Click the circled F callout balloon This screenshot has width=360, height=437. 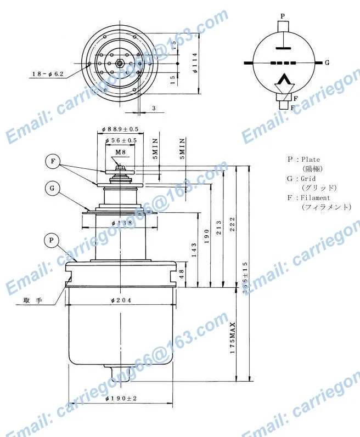point(53,161)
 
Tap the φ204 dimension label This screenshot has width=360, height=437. point(120,299)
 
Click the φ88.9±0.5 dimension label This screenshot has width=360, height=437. point(120,129)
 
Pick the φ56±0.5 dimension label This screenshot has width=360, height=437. point(120,140)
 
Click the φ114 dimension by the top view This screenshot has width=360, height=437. point(195,63)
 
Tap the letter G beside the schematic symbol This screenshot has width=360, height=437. point(327,63)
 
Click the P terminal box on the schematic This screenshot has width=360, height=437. point(283,26)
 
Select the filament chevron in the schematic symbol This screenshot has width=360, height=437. point(283,83)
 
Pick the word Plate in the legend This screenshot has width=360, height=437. point(311,160)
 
